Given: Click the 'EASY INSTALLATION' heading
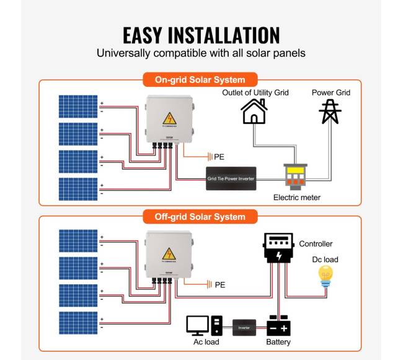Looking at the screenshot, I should pyautogui.click(x=201, y=34).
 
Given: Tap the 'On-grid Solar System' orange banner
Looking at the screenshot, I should pyautogui.click(x=200, y=80).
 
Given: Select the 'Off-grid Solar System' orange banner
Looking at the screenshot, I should pyautogui.click(x=200, y=217).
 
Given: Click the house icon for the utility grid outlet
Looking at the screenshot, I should pyautogui.click(x=254, y=112).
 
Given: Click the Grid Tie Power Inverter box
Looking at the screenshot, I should pyautogui.click(x=231, y=178).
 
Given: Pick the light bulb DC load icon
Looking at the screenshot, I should pyautogui.click(x=325, y=276).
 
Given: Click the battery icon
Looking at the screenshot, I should pyautogui.click(x=278, y=325).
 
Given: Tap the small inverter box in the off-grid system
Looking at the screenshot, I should pyautogui.click(x=244, y=327).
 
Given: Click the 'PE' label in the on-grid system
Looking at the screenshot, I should pyautogui.click(x=219, y=156).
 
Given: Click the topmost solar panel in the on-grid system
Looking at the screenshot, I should pyautogui.click(x=78, y=106).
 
